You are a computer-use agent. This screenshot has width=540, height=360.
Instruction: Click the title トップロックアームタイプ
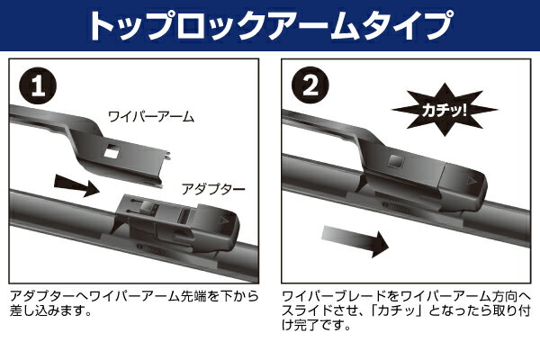click(270, 25)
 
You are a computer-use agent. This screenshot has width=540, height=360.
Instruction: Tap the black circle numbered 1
click(38, 85)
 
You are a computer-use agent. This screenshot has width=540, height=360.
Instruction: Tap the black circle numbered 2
click(310, 85)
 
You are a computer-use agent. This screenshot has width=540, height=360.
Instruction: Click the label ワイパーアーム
click(151, 117)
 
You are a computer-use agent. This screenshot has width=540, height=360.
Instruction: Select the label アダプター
click(213, 189)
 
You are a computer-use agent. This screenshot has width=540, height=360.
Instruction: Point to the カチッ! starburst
click(445, 110)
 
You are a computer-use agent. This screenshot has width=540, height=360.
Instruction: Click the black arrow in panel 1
click(76, 185)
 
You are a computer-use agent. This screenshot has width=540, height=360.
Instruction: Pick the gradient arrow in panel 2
click(355, 240)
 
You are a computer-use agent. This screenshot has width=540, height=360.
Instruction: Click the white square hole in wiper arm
click(112, 151)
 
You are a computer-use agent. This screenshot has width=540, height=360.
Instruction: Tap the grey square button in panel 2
click(395, 161)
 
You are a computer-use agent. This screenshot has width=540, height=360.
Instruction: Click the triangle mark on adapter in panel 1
click(223, 220)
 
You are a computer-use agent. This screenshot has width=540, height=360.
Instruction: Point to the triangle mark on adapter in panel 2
click(471, 181)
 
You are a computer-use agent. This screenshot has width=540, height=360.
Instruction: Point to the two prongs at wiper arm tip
click(167, 155)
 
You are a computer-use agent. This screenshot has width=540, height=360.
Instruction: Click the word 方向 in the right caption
click(504, 296)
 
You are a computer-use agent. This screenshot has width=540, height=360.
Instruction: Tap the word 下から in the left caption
click(240, 296)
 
